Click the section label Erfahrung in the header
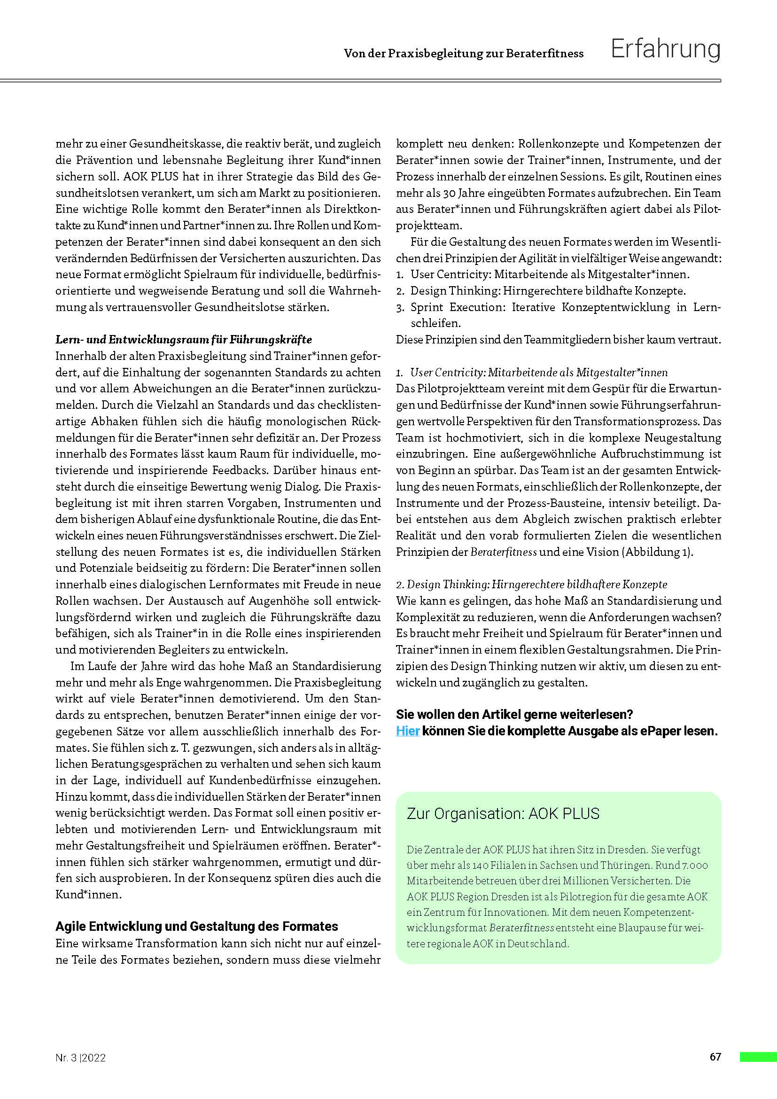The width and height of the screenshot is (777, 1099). pos(665,49)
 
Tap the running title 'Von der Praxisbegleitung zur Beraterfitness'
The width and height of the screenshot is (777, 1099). pos(464,54)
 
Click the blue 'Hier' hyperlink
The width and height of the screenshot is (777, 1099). pos(408,731)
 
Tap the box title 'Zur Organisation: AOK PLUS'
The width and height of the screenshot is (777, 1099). pos(502,813)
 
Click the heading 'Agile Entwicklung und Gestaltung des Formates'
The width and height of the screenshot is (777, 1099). pos(197,926)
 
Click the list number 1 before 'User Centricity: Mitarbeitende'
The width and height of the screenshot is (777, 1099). pos(400,275)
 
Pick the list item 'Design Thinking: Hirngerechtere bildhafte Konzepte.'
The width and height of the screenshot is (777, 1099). pos(548,291)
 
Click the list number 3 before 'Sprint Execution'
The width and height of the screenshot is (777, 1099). pos(400,307)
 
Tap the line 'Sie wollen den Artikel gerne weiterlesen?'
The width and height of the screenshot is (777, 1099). pos(514,715)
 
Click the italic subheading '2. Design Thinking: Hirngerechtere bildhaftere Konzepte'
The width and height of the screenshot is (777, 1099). pos(531,585)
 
